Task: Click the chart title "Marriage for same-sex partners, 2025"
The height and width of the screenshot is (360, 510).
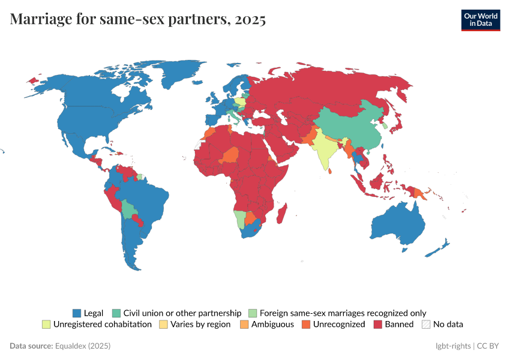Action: (x=138, y=19)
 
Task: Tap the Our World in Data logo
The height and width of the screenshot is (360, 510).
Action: (x=480, y=20)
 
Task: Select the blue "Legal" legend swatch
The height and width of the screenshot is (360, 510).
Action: (x=76, y=313)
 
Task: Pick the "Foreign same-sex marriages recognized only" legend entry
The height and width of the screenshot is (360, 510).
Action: (x=343, y=313)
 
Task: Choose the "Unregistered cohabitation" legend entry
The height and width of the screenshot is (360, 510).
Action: (x=102, y=324)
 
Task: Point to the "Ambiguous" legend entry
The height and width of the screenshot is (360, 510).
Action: (x=272, y=324)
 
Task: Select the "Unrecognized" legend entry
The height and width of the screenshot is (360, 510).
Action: (x=339, y=324)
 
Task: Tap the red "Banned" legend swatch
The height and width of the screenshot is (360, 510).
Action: (x=378, y=324)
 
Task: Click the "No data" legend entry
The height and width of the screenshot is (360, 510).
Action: (x=448, y=324)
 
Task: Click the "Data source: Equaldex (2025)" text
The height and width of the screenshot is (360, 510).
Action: (x=60, y=346)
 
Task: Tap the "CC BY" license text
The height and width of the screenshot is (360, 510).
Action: (x=488, y=346)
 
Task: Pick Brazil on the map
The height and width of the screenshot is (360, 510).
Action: (x=147, y=198)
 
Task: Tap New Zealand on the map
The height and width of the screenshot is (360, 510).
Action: (x=440, y=247)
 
